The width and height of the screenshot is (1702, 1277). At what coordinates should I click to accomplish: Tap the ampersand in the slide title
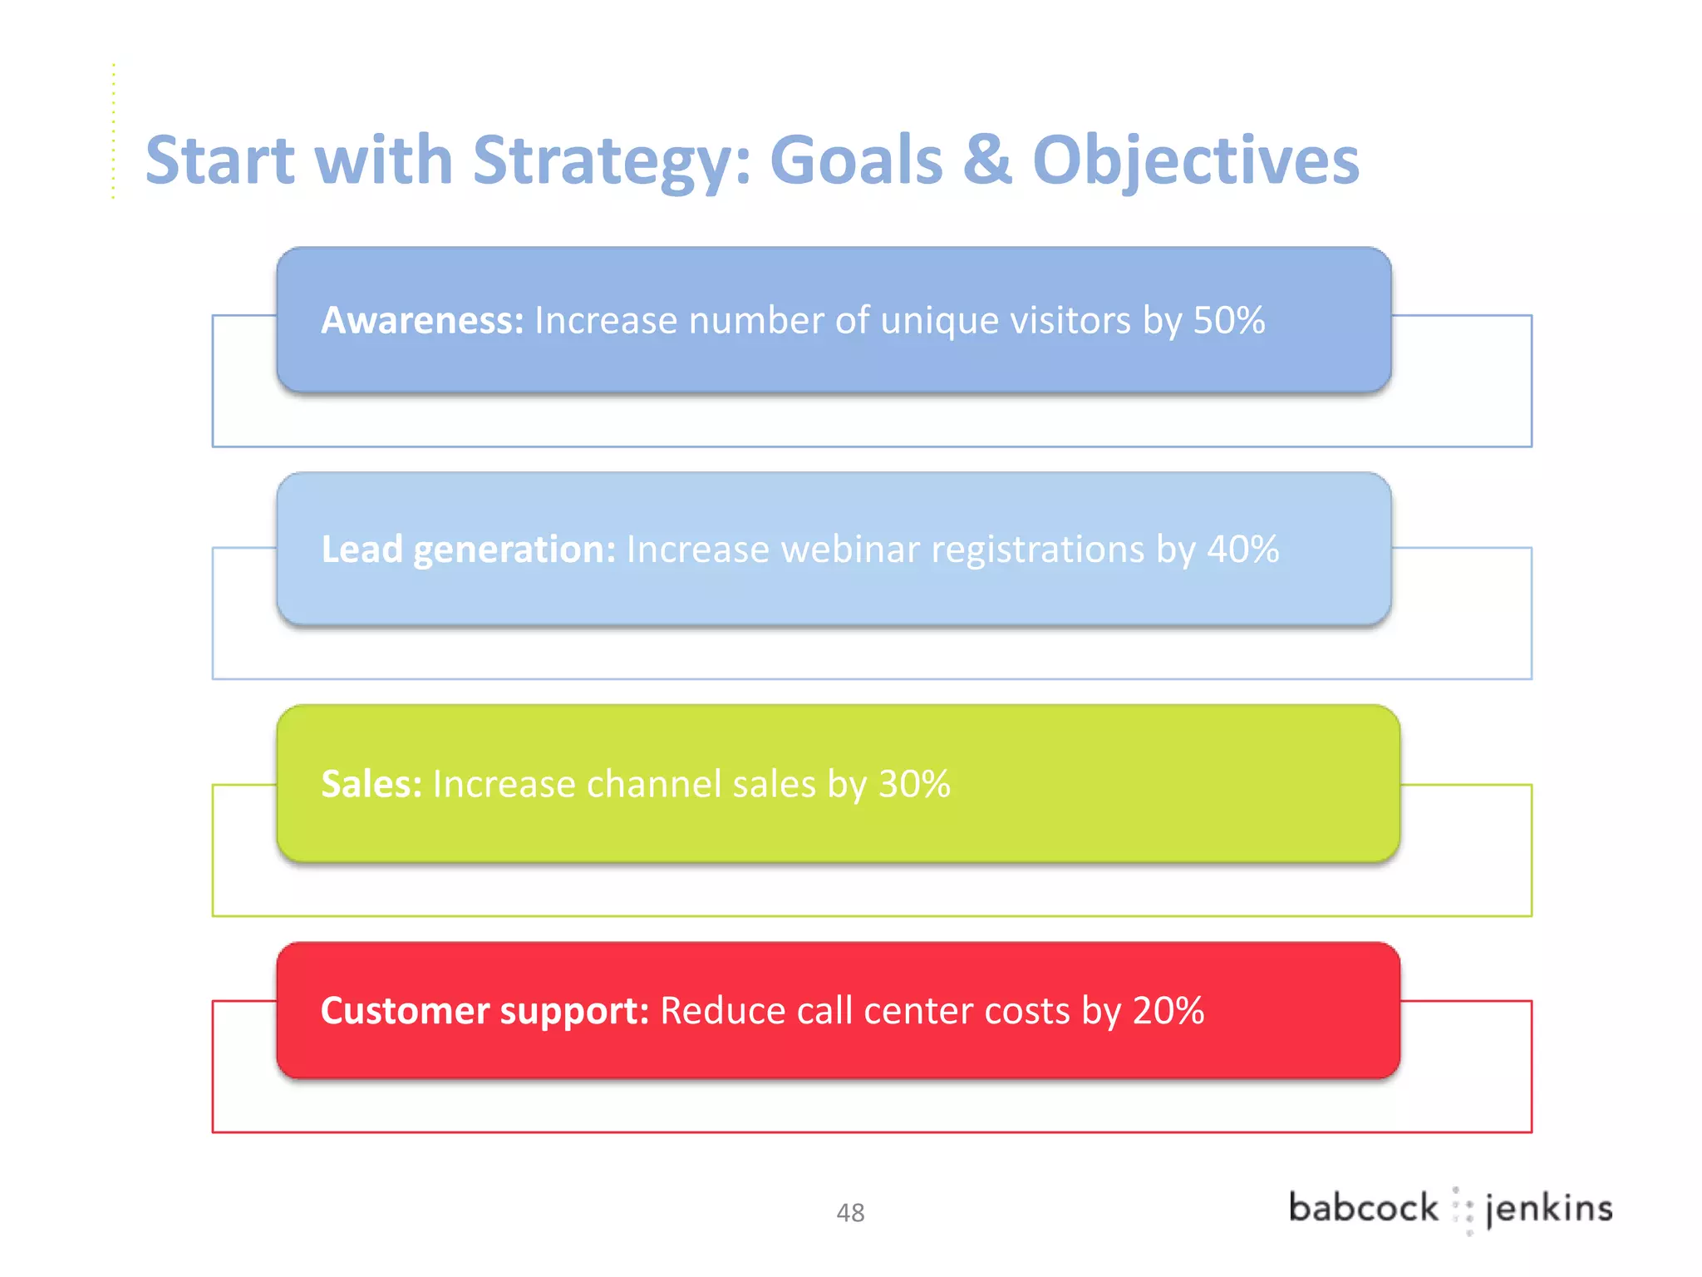(x=987, y=160)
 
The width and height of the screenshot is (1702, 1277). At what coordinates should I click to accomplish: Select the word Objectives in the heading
(x=1195, y=160)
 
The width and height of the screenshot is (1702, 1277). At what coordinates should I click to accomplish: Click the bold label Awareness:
(x=422, y=321)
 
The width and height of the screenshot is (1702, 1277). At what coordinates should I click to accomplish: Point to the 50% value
(x=1229, y=321)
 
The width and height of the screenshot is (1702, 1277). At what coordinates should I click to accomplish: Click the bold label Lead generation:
(x=469, y=550)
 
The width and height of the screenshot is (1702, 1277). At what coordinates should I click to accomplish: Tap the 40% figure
(x=1242, y=550)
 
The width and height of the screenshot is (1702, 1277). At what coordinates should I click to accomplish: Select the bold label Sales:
(x=371, y=784)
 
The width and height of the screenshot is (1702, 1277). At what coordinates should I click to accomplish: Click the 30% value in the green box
(x=914, y=784)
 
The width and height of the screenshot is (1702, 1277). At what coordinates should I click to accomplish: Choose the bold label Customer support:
(x=485, y=1011)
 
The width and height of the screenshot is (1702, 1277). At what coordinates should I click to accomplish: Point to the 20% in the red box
(x=1168, y=1011)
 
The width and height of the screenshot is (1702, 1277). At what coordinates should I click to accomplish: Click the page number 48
(x=850, y=1213)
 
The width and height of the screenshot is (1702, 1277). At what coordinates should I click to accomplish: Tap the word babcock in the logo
(x=1363, y=1208)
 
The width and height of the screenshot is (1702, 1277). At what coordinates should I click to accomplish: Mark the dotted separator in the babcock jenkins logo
(x=1463, y=1210)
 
